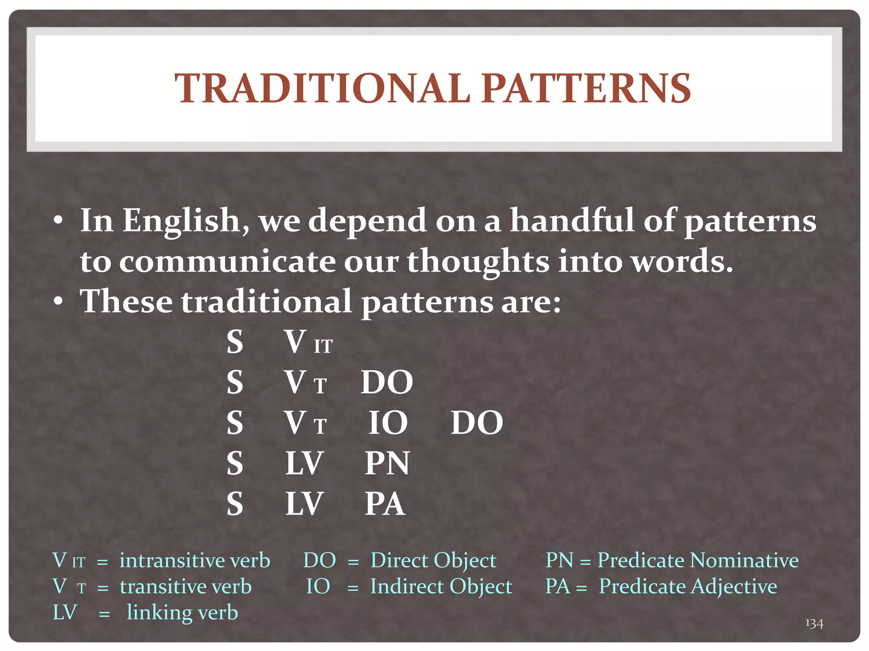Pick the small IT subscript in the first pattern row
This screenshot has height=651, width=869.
(x=323, y=347)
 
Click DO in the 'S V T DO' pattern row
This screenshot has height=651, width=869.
(x=387, y=383)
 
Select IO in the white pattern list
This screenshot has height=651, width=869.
(x=387, y=423)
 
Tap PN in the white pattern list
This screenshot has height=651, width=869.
(x=387, y=463)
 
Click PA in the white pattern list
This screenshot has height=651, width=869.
(x=385, y=504)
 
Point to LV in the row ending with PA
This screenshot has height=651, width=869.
(x=304, y=504)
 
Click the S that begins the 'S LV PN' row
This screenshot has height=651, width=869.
(x=235, y=463)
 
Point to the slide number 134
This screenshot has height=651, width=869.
(x=814, y=623)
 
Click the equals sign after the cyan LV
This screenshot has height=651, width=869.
(x=104, y=614)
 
